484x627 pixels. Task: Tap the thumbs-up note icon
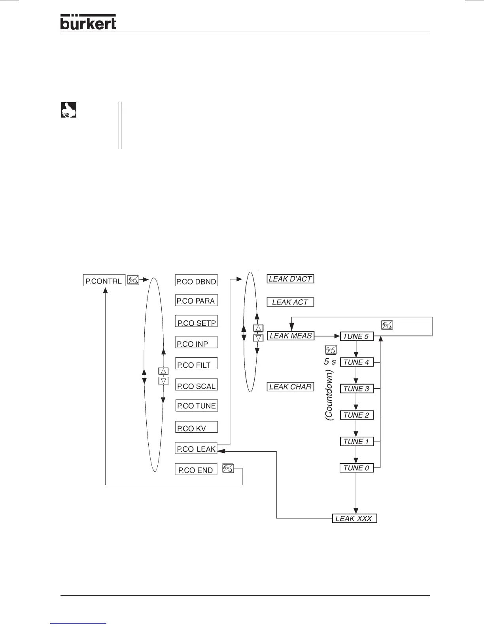click(69, 110)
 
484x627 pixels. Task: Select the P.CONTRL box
click(104, 281)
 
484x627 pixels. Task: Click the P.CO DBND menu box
click(196, 281)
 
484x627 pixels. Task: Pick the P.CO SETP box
click(196, 322)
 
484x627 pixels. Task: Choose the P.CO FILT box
click(196, 365)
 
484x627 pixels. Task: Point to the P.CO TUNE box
click(196, 406)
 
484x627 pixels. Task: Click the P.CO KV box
click(196, 428)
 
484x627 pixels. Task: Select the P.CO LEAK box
click(196, 449)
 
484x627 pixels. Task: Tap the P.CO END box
click(196, 470)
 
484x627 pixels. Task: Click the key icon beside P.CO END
click(228, 469)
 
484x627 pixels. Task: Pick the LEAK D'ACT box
click(290, 279)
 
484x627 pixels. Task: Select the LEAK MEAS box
click(291, 336)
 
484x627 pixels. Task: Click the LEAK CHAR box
click(290, 387)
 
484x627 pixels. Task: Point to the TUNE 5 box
click(357, 336)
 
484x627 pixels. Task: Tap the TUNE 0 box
click(357, 468)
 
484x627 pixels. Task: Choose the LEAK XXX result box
click(354, 518)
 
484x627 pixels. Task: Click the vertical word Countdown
click(329, 395)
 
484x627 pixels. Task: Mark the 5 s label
click(330, 361)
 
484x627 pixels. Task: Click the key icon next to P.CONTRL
click(133, 279)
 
